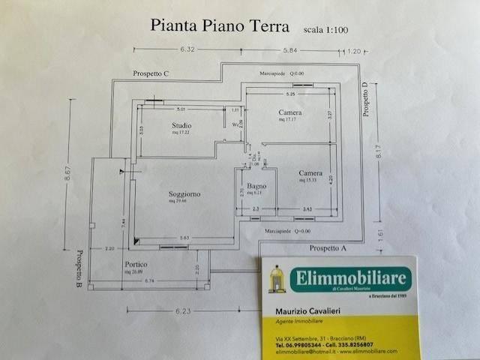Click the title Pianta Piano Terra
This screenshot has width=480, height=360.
click(x=220, y=26)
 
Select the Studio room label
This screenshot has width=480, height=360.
click(x=181, y=125)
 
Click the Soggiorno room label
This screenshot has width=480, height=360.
click(x=184, y=194)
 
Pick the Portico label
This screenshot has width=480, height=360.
click(x=136, y=265)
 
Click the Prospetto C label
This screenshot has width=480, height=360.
click(x=151, y=73)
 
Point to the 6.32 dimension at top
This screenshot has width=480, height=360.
click(x=187, y=50)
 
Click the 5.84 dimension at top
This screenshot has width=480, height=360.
click(x=291, y=50)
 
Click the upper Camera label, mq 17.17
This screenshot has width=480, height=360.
click(x=289, y=113)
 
